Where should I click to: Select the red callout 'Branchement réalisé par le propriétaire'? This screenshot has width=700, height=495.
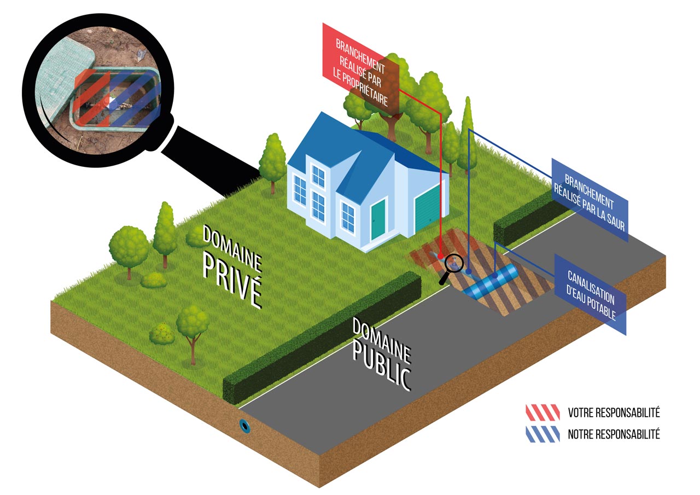361,68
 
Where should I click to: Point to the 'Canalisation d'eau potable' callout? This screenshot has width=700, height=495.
591,294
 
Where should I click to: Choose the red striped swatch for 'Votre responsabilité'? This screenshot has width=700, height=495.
542,412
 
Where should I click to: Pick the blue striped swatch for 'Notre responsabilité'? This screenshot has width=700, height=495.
542,434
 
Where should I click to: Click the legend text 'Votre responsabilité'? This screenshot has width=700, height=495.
614,412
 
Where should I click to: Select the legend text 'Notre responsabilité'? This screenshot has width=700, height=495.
614,434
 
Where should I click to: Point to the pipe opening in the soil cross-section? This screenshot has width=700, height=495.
244,426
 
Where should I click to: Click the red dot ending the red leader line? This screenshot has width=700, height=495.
441,256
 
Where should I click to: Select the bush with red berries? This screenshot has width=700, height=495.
162,334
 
